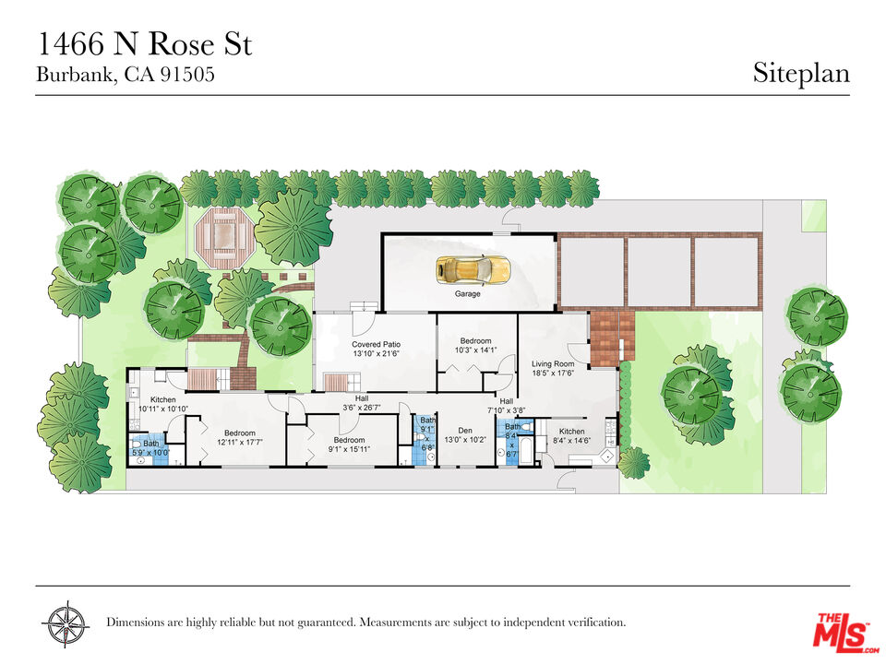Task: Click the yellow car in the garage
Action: point(473,269)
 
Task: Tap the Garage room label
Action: point(468,293)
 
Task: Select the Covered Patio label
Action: point(377,344)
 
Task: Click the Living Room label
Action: point(553,363)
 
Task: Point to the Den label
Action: point(465,431)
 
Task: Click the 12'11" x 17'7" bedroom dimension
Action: point(240,442)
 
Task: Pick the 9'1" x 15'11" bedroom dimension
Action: point(349,449)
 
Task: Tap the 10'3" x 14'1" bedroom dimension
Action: point(476,350)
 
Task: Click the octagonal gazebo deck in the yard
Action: point(222,237)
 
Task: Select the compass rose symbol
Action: point(66,624)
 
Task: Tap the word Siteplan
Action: point(801,74)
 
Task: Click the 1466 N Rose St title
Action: point(145,44)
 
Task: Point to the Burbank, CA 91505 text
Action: point(126,75)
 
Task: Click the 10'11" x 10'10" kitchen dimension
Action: point(163,409)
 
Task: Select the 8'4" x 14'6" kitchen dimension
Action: point(571,440)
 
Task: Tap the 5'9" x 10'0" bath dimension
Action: point(150,452)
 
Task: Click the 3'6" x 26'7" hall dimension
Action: point(362,407)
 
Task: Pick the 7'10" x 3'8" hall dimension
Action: point(507,409)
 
